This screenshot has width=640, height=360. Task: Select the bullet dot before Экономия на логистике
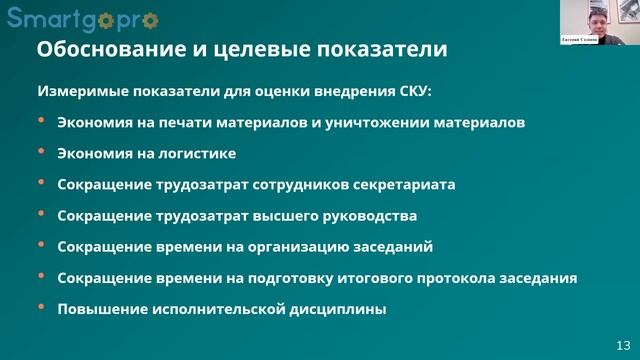point(41,152)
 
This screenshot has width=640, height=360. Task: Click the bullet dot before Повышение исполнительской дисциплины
point(41,307)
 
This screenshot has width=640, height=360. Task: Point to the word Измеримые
point(76,90)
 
